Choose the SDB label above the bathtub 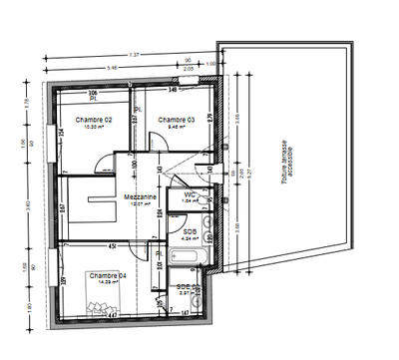pyautogui.click(x=190, y=231)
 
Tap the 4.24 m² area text pyautogui.click(x=190, y=239)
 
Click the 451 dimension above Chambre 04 pyautogui.click(x=112, y=244)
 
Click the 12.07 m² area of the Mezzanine pyautogui.click(x=141, y=204)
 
